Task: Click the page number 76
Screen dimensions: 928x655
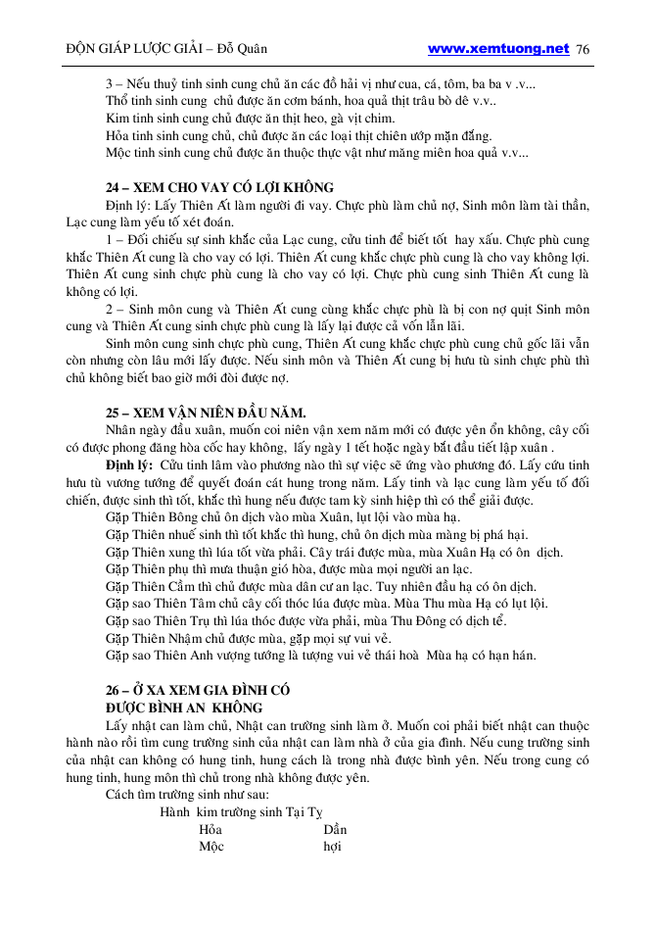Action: pos(584,49)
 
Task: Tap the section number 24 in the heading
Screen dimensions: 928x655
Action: pos(113,187)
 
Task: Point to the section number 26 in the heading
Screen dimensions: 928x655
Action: pos(114,689)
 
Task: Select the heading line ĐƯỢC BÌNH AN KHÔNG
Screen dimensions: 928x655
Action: pos(183,707)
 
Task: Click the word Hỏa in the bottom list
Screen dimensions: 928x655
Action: pos(211,829)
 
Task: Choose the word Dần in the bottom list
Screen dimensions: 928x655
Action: pos(335,829)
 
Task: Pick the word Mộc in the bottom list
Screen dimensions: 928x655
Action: pos(211,847)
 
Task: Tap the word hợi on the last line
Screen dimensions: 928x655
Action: pos(332,847)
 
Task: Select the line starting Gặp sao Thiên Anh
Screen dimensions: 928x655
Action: pos(320,656)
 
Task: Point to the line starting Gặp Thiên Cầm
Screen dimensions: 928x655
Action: pos(319,586)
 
